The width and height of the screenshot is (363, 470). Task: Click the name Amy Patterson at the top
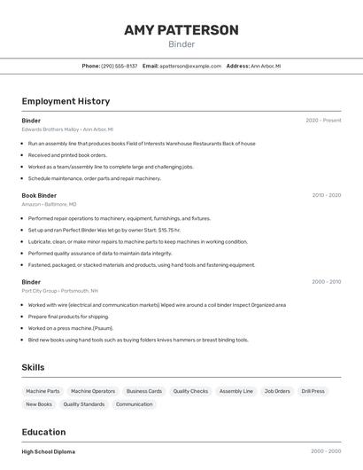point(181,30)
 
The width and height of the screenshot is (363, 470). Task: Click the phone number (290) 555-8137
point(119,66)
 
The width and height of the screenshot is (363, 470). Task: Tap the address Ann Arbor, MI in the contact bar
point(266,66)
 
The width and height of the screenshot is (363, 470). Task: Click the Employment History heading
point(66,102)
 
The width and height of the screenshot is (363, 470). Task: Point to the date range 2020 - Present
point(323,121)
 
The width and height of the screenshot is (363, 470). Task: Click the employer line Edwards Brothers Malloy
point(67,129)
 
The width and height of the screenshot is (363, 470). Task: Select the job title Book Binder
point(39,195)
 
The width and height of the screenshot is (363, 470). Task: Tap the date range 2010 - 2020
point(326,195)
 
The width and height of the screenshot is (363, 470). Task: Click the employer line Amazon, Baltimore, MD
point(49,204)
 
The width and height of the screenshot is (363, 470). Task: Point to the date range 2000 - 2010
point(326,282)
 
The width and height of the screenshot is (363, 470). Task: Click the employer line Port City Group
point(59,291)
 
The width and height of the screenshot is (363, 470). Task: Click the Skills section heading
point(34,367)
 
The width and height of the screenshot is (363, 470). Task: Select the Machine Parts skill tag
point(42,391)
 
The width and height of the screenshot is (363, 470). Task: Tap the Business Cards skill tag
point(143,391)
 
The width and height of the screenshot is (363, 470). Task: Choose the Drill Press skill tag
point(313,391)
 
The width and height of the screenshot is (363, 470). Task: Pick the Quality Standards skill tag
point(84,404)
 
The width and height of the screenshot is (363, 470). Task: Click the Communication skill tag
point(135,404)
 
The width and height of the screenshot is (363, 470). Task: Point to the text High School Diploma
point(48,451)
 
